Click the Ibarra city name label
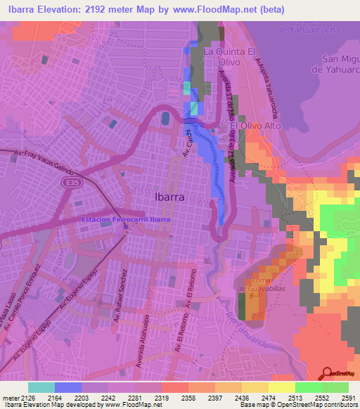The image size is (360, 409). tap(169, 197)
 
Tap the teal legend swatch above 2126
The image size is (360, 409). tap(41, 387)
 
